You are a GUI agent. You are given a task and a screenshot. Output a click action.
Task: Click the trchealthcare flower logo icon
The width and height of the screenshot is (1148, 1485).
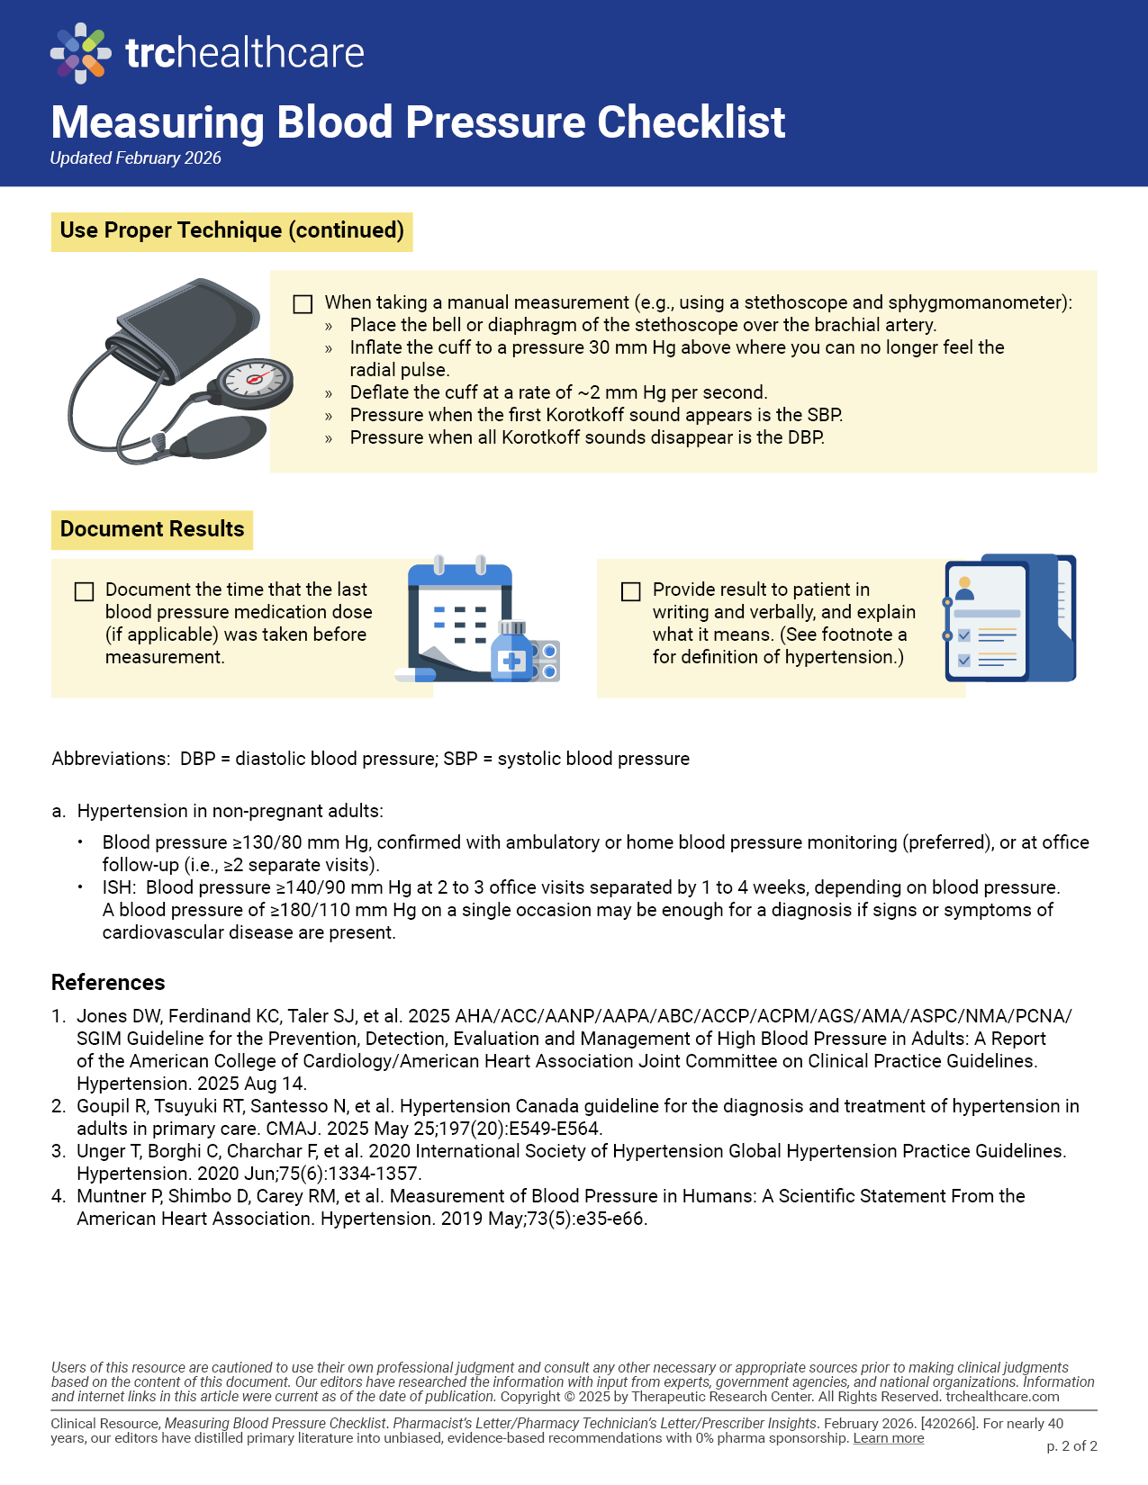[81, 53]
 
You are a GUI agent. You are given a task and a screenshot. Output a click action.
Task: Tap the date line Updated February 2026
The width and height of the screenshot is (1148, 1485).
[136, 158]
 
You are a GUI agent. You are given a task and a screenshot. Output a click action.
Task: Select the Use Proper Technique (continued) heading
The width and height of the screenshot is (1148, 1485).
[231, 230]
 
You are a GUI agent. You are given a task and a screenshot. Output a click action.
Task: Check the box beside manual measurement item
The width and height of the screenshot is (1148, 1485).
[303, 304]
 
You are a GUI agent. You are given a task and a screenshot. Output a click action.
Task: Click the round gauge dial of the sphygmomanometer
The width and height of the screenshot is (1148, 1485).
[256, 379]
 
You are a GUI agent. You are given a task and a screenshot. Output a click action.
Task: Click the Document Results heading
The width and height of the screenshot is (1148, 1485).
[152, 529]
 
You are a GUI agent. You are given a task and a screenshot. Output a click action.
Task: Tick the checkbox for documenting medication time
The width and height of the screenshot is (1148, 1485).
[85, 591]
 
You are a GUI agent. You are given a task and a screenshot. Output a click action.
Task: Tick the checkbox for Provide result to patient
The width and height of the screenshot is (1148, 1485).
[631, 591]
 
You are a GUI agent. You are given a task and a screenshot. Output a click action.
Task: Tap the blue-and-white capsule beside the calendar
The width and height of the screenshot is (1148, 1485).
[415, 674]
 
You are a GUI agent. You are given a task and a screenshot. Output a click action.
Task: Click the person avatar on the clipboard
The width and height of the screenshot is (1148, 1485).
[964, 589]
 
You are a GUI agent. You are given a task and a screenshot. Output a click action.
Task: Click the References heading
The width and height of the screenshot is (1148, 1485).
[108, 983]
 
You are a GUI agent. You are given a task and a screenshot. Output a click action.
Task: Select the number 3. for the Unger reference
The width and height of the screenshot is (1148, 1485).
[59, 1151]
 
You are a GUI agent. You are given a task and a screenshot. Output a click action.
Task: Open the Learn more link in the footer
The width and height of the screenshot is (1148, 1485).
[889, 1438]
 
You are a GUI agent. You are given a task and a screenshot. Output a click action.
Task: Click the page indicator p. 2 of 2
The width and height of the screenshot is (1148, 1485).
[1071, 1446]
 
